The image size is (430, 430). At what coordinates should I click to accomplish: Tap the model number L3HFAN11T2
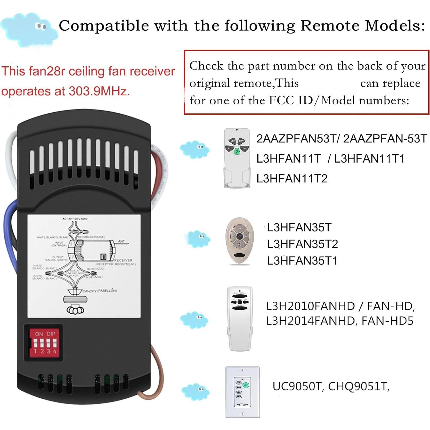(x=292, y=179)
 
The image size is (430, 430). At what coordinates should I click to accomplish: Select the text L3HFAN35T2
(x=302, y=244)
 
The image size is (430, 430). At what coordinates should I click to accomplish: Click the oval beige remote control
(x=240, y=240)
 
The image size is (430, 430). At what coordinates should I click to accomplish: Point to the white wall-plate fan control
(x=242, y=392)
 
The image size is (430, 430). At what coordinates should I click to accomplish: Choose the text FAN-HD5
(x=387, y=321)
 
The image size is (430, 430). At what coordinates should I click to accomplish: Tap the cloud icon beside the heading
(x=29, y=29)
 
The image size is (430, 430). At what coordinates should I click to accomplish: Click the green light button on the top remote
(x=237, y=151)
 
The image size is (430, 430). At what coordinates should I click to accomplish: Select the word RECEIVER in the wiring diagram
(x=123, y=260)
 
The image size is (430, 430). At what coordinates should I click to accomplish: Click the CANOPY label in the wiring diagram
(x=89, y=291)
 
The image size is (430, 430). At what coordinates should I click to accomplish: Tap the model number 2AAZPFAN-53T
(x=385, y=139)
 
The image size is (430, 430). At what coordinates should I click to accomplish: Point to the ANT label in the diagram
(x=122, y=241)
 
